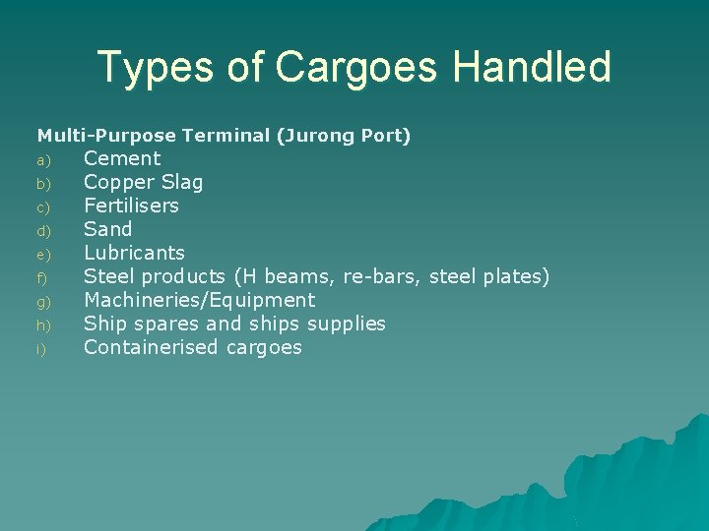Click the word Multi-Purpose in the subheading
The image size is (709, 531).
[x=106, y=136]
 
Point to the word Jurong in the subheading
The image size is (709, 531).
[x=317, y=136]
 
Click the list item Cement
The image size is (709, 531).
[x=122, y=158]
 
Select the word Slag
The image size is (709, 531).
[x=179, y=182]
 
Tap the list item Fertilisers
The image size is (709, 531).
[x=131, y=206]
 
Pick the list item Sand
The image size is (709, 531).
[x=107, y=229]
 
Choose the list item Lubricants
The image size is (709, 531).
[x=134, y=253]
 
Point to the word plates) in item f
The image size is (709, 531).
[x=517, y=276]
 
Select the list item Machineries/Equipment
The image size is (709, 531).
[x=199, y=300]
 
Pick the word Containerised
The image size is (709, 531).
[x=152, y=347]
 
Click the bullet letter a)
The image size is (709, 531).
[x=42, y=160]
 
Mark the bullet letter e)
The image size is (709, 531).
[x=42, y=255]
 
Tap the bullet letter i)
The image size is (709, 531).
[x=41, y=349]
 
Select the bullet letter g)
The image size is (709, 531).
[x=42, y=302]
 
